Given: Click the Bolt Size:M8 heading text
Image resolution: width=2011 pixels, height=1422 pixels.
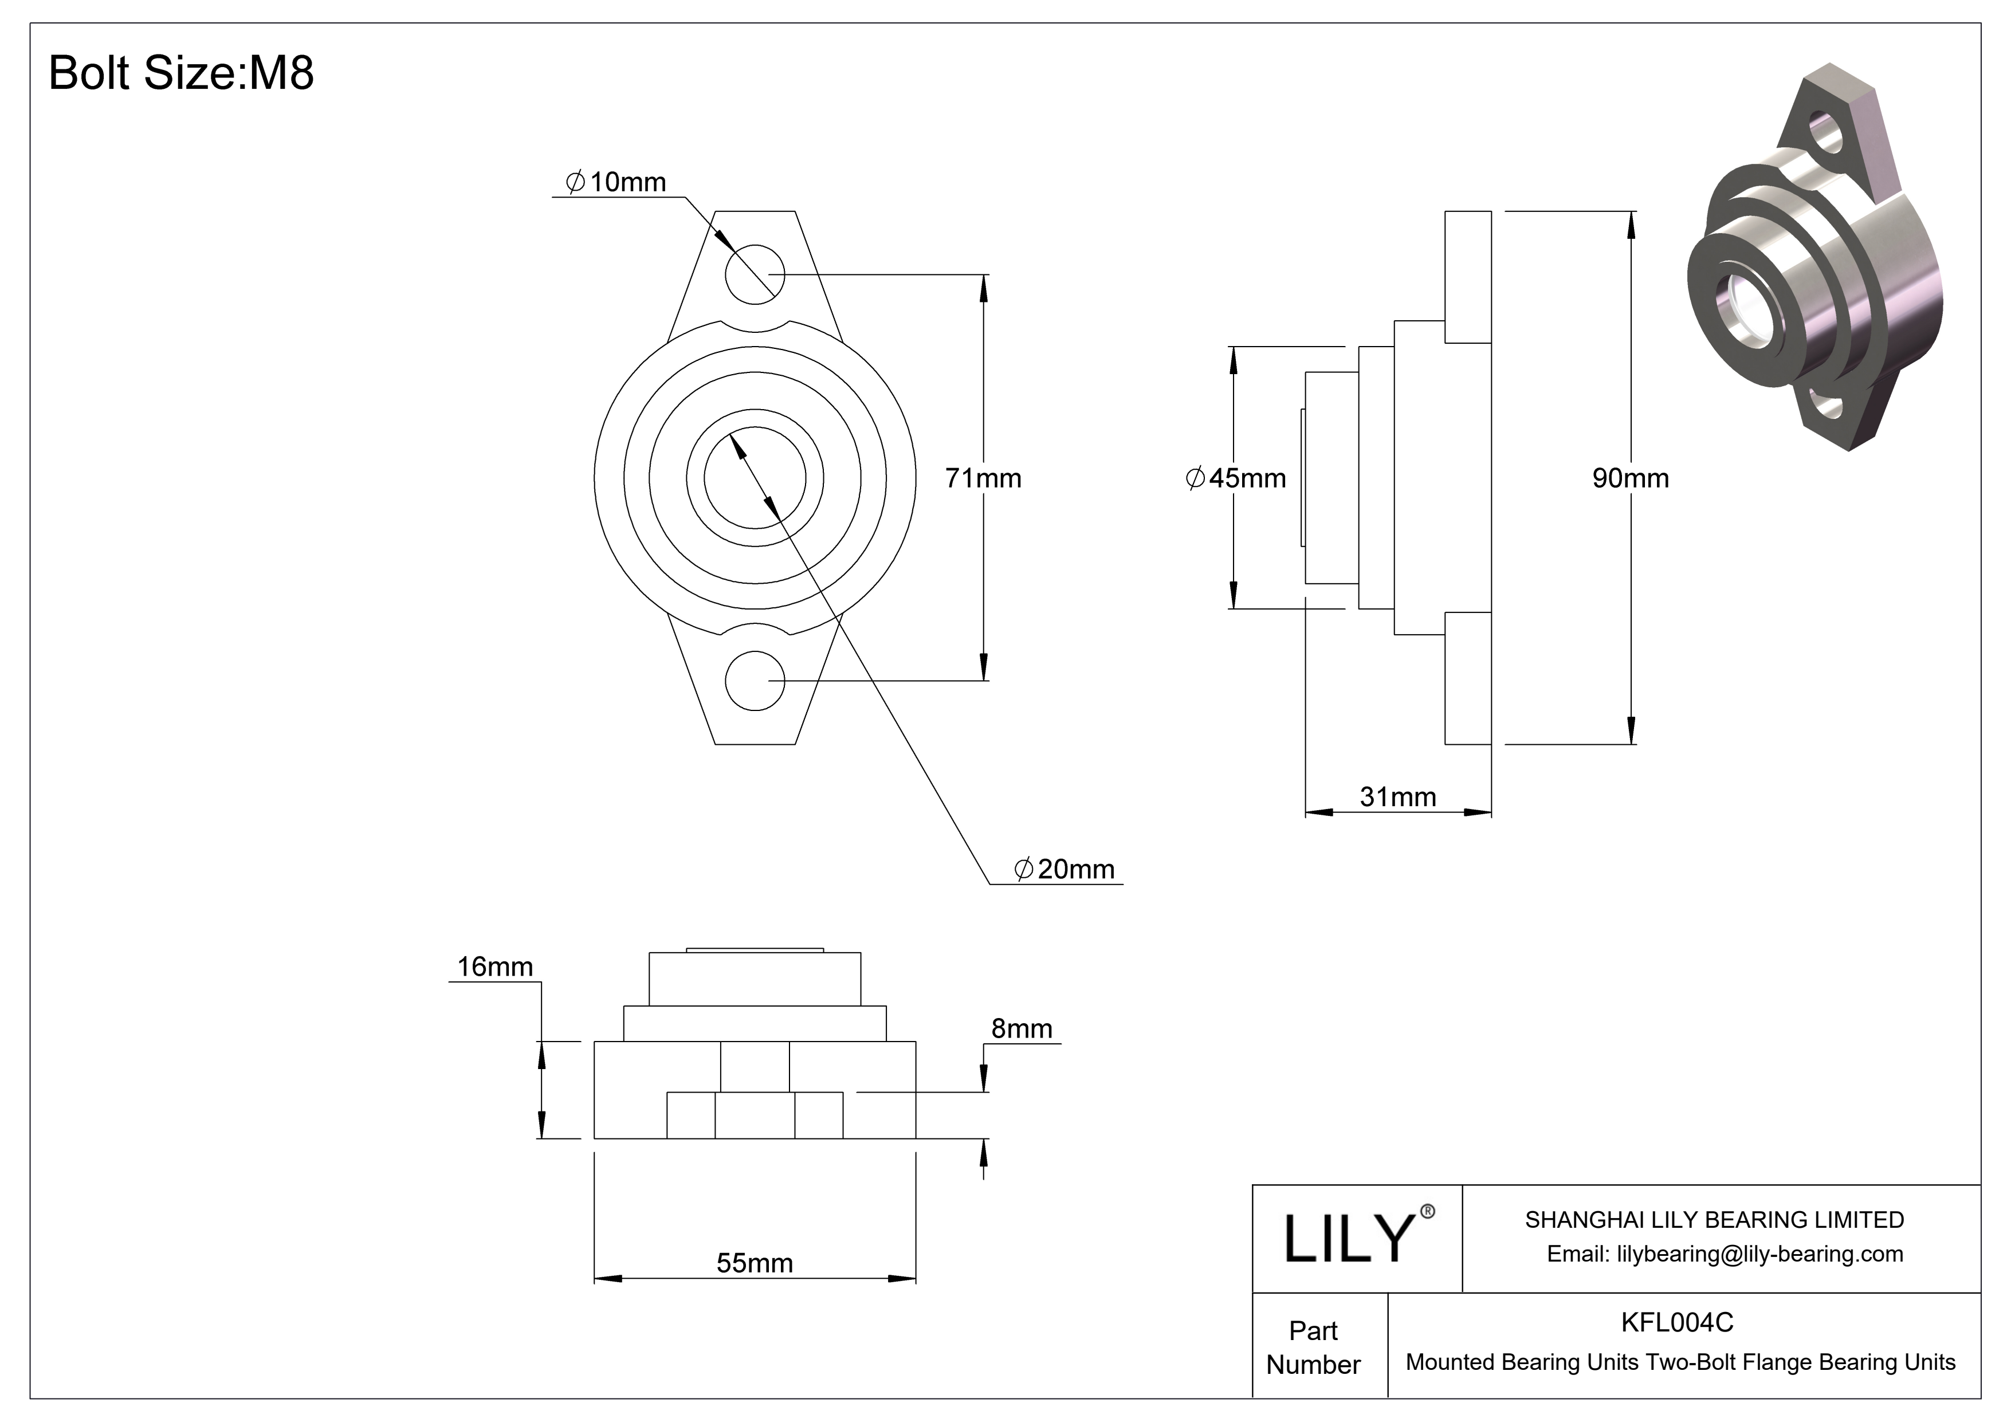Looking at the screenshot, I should click(180, 73).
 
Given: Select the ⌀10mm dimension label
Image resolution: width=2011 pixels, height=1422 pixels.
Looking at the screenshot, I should click(616, 182).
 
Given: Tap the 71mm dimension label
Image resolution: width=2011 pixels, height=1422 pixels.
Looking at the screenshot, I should click(983, 478).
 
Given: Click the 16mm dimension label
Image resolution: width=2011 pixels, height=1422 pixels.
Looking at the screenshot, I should click(495, 967).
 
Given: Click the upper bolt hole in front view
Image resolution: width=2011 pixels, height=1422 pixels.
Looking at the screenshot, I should click(755, 274).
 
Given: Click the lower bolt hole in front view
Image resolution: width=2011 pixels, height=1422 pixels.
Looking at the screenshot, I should click(755, 681).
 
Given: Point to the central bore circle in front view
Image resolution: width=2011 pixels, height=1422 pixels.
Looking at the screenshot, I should click(755, 478).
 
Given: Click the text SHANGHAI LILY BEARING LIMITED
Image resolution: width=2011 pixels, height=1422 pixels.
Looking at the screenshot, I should click(1714, 1220).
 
